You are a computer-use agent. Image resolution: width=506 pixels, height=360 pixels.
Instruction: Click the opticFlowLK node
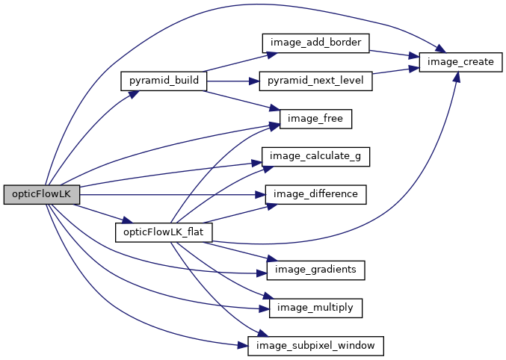tap(41, 193)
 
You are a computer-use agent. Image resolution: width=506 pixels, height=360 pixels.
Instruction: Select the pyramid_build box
tap(163, 81)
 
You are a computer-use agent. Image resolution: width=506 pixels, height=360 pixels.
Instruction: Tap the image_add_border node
tap(315, 43)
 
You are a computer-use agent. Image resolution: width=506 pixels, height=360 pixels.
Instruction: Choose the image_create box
tap(457, 62)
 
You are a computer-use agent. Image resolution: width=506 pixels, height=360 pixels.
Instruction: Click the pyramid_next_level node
tap(315, 81)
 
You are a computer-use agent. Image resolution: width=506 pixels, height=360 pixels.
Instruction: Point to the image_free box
tap(315, 119)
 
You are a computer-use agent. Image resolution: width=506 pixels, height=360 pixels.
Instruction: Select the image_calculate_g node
tap(315, 157)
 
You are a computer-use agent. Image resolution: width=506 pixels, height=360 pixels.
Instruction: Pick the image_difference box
tap(315, 194)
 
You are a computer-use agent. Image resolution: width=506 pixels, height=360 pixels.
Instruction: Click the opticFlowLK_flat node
tap(163, 232)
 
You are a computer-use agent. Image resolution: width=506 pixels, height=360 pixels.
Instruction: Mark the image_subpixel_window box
tap(315, 346)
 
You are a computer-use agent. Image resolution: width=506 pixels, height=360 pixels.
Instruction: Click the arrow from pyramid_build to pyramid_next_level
tap(232, 81)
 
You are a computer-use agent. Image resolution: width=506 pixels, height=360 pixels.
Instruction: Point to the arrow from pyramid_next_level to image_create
tap(395, 72)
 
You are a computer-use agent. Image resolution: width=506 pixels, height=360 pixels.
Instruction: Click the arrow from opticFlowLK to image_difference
tap(172, 194)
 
